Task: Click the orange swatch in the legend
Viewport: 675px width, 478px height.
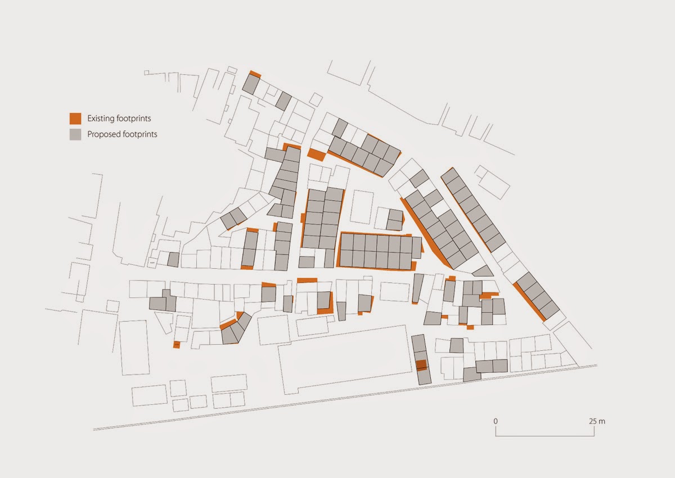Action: pyautogui.click(x=75, y=119)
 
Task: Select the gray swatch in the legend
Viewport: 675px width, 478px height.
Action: pyautogui.click(x=75, y=134)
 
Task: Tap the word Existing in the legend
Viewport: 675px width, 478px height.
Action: pyautogui.click(x=101, y=119)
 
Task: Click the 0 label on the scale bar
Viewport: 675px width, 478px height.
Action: pyautogui.click(x=496, y=421)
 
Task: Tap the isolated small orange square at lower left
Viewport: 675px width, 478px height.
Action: pyautogui.click(x=176, y=344)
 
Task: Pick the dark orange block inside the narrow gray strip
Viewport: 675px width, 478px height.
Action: pyautogui.click(x=421, y=365)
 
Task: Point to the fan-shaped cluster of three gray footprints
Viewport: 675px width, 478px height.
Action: pyautogui.click(x=236, y=328)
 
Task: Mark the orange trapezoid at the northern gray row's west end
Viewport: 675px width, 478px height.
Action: pyautogui.click(x=316, y=154)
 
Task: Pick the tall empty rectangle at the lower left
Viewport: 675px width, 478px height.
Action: pyautogui.click(x=133, y=347)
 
